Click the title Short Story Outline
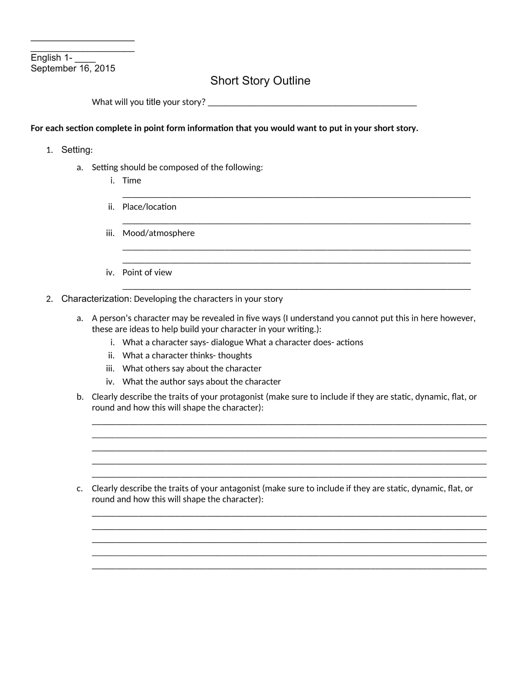(x=260, y=81)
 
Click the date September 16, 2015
(x=73, y=68)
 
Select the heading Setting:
(x=77, y=150)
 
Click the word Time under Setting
(x=132, y=180)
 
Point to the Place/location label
(x=149, y=207)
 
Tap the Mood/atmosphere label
(x=158, y=233)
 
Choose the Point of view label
(x=147, y=272)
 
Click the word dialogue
(x=227, y=342)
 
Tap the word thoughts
(x=234, y=355)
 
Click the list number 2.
(x=49, y=299)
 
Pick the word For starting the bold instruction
(x=37, y=128)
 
